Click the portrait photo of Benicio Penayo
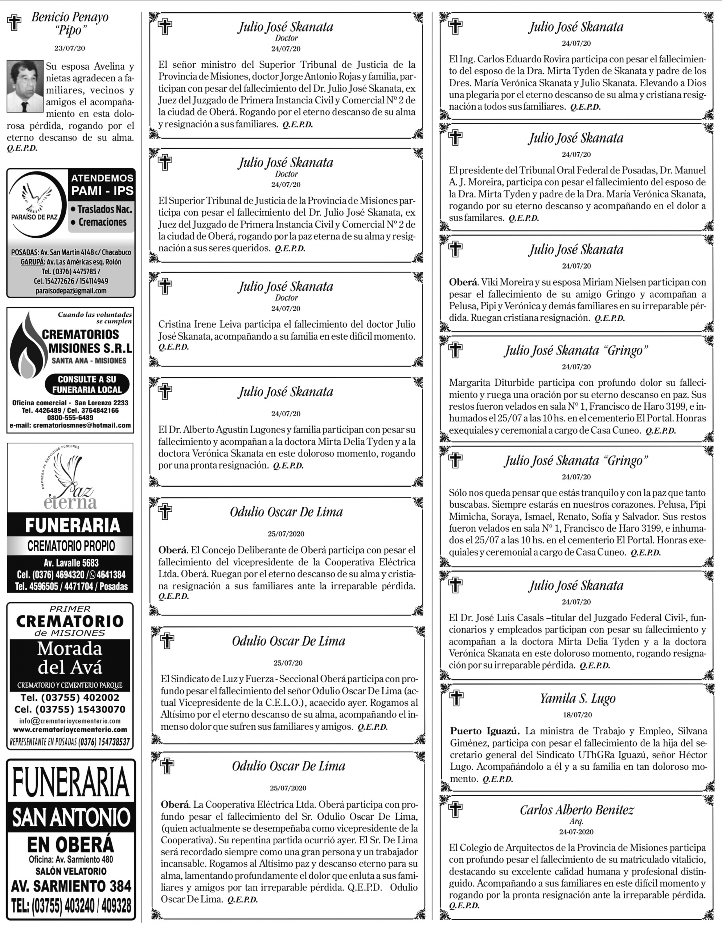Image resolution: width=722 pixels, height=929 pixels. tap(25, 86)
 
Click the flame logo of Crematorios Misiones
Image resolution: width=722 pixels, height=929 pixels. tap(27, 347)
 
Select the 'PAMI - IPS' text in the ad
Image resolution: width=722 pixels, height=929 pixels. tap(102, 191)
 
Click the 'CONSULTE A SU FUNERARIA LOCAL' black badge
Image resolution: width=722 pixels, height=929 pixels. tap(87, 384)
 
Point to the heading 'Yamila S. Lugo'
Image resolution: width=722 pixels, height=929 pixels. tap(578, 699)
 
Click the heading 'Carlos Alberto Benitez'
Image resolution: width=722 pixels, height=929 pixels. tap(577, 810)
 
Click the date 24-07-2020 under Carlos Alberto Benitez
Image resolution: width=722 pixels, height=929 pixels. tap(577, 832)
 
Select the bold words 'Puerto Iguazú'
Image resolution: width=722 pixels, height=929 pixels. tap(485, 731)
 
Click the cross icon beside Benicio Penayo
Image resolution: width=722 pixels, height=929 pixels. tap(15, 23)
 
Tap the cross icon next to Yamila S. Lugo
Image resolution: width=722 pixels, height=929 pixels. tap(457, 699)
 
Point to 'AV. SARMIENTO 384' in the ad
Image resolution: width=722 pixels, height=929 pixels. tap(71, 886)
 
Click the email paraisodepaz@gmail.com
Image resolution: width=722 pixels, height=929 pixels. tap(71, 291)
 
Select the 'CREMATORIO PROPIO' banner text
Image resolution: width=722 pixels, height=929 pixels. tap(71, 546)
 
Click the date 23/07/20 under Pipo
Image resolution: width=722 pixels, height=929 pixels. tap(70, 48)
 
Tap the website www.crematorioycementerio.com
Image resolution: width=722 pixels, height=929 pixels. tap(70, 730)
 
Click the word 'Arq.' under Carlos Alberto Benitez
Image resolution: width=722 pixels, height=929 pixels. tap(577, 821)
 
